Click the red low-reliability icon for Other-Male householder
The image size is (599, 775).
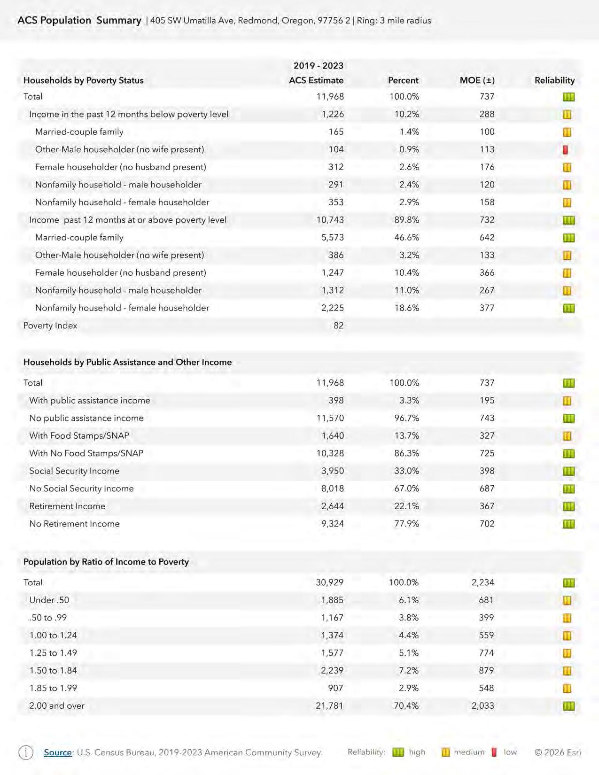[x=566, y=150]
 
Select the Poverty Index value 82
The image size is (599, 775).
[x=338, y=325]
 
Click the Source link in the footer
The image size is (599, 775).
[x=58, y=752]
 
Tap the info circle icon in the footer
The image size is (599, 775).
[x=26, y=752]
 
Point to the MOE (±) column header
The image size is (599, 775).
[x=477, y=80]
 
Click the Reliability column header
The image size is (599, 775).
[x=554, y=80]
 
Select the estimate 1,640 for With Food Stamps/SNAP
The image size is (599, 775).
[x=333, y=436]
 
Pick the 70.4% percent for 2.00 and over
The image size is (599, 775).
[x=406, y=706]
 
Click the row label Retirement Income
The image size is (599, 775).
[x=67, y=506]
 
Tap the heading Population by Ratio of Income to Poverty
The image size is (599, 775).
[x=106, y=562]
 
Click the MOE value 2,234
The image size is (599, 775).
[x=482, y=582]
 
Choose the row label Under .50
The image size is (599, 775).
[x=49, y=600]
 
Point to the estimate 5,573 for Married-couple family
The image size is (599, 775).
[x=333, y=238]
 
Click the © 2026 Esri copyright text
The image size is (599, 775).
[x=558, y=752]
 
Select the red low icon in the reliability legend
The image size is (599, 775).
[x=494, y=752]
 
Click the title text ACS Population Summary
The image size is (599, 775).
[x=79, y=21]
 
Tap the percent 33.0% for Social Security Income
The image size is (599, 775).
[x=406, y=471]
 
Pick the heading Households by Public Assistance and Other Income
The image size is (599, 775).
[x=127, y=363]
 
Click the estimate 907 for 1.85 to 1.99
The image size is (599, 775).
[x=335, y=688]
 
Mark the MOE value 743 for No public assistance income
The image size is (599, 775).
[x=487, y=418]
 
